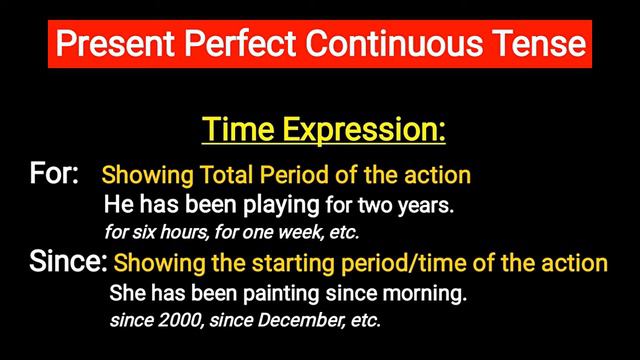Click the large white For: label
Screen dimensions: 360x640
coord(55,174)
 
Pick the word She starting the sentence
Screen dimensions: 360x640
coord(127,296)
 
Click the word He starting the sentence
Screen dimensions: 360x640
coord(118,206)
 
